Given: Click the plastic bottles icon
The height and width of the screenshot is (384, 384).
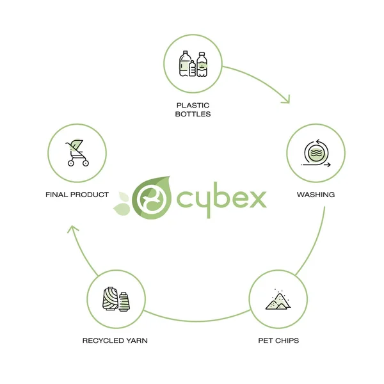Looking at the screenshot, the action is (193, 63).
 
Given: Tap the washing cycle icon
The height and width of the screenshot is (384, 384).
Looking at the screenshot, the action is (316, 153).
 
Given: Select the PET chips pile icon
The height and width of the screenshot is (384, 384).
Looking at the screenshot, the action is (278, 300).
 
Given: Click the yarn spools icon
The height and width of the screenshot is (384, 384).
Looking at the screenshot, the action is (116, 299).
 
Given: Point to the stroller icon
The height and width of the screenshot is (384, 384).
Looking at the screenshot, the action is (77, 153).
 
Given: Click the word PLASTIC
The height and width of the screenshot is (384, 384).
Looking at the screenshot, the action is (193, 106).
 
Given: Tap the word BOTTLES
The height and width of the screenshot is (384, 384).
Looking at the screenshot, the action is (193, 114).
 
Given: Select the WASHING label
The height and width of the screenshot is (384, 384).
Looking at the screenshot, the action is (316, 195).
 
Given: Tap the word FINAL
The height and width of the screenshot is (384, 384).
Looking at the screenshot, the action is (57, 195).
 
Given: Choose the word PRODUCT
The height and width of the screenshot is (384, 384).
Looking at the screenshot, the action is (90, 195).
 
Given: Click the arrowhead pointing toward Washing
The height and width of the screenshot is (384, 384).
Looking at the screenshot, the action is (286, 99).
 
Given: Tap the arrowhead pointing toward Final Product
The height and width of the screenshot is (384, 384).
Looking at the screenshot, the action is (73, 230).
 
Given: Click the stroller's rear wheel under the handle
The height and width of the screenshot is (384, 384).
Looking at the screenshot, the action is (70, 163).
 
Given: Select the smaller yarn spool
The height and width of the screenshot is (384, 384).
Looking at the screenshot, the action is (124, 301).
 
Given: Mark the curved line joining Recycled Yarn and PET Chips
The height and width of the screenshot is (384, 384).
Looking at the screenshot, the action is (197, 321).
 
